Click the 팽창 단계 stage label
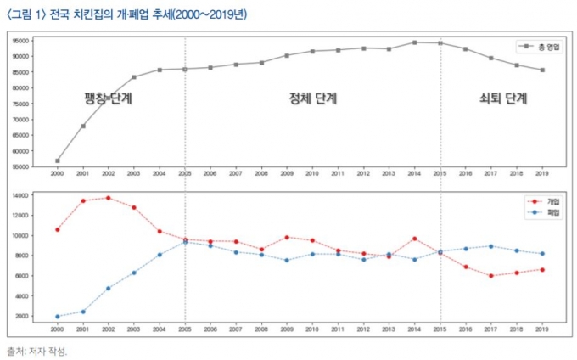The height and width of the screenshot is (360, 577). click(x=109, y=98)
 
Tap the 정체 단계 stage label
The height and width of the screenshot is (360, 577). click(x=313, y=98)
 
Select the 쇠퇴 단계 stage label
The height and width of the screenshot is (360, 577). click(x=503, y=98)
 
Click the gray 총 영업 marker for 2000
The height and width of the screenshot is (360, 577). click(x=58, y=160)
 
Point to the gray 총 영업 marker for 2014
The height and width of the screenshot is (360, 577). click(x=415, y=42)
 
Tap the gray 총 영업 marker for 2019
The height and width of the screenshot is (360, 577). click(x=542, y=70)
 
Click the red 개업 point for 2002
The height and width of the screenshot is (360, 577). click(x=109, y=198)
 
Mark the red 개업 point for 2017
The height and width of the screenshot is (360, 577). click(x=491, y=276)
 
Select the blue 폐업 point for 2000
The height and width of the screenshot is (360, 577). click(x=58, y=317)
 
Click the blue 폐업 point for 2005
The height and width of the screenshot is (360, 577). click(x=185, y=241)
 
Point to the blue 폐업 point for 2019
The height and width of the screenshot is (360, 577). click(x=542, y=254)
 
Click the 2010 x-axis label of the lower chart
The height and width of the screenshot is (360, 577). click(x=312, y=329)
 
